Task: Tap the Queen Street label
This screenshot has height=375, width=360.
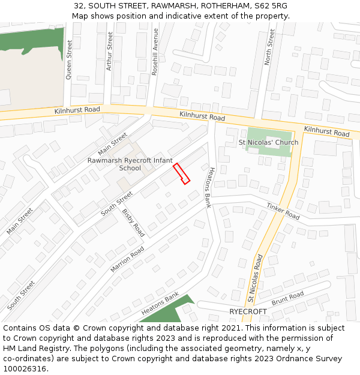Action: point(69,60)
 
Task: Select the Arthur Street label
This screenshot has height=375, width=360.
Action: point(109,52)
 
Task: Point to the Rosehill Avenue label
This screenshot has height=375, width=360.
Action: point(155,51)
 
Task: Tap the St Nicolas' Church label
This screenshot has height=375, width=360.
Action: point(268,143)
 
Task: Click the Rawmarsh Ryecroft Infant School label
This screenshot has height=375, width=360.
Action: point(130,164)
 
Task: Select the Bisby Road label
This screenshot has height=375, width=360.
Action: point(133,222)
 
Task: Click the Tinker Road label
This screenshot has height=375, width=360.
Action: point(283,211)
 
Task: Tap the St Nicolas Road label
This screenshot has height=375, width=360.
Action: point(256,278)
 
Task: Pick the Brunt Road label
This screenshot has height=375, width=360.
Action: point(287,299)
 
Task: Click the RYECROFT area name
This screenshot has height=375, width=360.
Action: point(248,312)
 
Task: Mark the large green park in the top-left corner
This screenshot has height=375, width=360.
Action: point(30,41)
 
